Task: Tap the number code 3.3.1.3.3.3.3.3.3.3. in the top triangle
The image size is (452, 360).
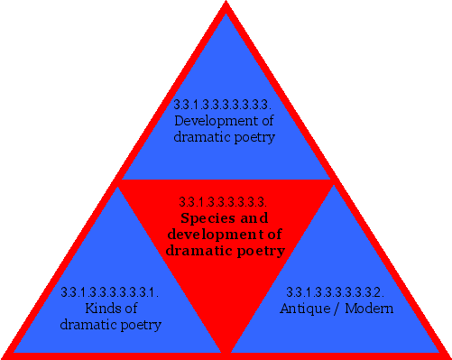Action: [x=225, y=105]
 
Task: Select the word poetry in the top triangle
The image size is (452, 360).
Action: [x=254, y=137]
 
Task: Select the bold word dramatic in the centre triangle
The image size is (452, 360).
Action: [x=196, y=251]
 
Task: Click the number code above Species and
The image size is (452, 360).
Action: [x=224, y=202]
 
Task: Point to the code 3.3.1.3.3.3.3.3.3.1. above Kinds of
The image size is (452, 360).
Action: [x=110, y=292]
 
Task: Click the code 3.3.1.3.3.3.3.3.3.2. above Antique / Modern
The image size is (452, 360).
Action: [x=335, y=292]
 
